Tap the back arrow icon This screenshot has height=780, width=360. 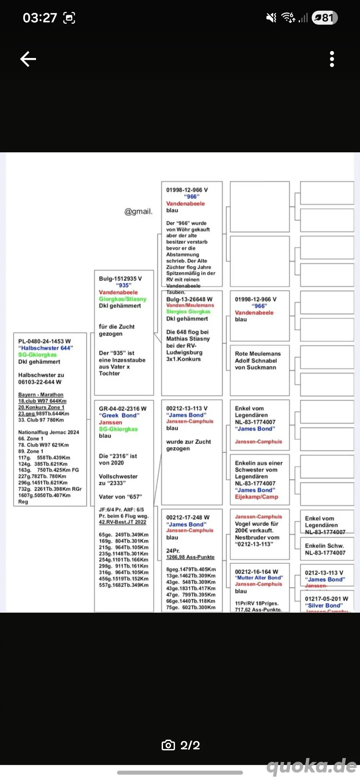pyautogui.click(x=28, y=59)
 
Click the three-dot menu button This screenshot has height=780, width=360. pyautogui.click(x=332, y=59)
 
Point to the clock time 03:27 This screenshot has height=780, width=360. pyautogui.click(x=40, y=18)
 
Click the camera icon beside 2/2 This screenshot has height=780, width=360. pyautogui.click(x=168, y=745)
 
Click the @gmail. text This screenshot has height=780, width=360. pyautogui.click(x=138, y=211)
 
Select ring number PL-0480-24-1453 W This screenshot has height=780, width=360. pyautogui.click(x=45, y=341)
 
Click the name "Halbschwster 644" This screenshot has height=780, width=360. pyautogui.click(x=46, y=348)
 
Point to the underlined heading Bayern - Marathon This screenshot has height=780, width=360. pyautogui.click(x=41, y=395)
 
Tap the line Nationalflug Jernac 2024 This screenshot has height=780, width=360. pyautogui.click(x=49, y=432)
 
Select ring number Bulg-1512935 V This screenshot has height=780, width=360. pyautogui.click(x=120, y=279)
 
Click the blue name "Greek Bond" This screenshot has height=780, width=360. pyautogui.click(x=119, y=415)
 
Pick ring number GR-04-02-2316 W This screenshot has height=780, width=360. pyautogui.click(x=123, y=409)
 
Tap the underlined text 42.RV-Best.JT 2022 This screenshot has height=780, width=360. pyautogui.click(x=122, y=522)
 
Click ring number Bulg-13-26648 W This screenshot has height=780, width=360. pyautogui.click(x=189, y=299)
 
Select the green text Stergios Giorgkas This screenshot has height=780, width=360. pyautogui.click(x=188, y=312)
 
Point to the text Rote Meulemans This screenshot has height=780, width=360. pyautogui.click(x=258, y=354)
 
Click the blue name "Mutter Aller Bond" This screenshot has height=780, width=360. pyautogui.click(x=259, y=578)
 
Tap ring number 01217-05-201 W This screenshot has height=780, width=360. pyautogui.click(x=327, y=599)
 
